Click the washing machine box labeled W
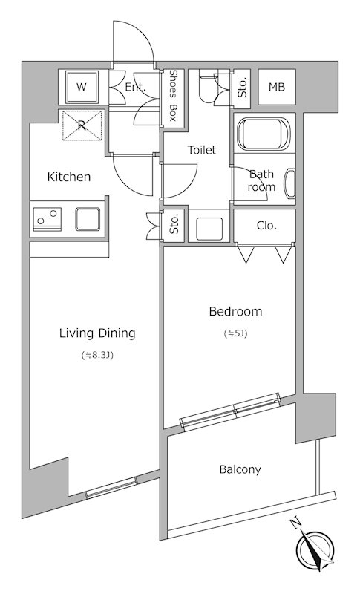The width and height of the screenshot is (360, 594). (x=82, y=87)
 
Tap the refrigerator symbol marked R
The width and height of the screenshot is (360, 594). (x=82, y=125)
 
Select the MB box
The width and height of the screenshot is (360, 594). (x=277, y=87)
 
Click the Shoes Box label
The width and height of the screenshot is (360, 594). (x=173, y=96)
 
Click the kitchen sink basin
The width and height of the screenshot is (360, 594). (x=88, y=219)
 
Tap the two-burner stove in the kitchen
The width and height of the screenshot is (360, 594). (x=48, y=219)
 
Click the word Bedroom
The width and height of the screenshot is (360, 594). (x=235, y=311)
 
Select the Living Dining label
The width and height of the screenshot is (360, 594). (x=97, y=333)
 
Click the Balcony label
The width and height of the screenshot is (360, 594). (x=240, y=470)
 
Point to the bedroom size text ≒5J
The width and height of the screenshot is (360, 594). (x=235, y=333)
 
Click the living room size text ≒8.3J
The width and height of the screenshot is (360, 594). (x=97, y=356)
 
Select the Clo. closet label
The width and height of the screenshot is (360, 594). (x=266, y=226)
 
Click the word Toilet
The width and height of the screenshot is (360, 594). (x=202, y=150)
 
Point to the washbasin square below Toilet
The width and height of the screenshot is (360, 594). (x=209, y=229)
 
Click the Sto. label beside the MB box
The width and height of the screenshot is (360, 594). (x=243, y=87)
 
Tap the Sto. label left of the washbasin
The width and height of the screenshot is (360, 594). (x=174, y=225)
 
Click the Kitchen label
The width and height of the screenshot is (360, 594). (x=69, y=177)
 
